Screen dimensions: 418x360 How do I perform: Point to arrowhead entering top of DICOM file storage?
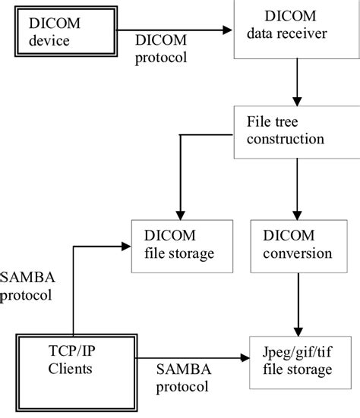coord(180,214)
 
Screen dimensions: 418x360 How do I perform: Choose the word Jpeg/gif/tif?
coord(297,352)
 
